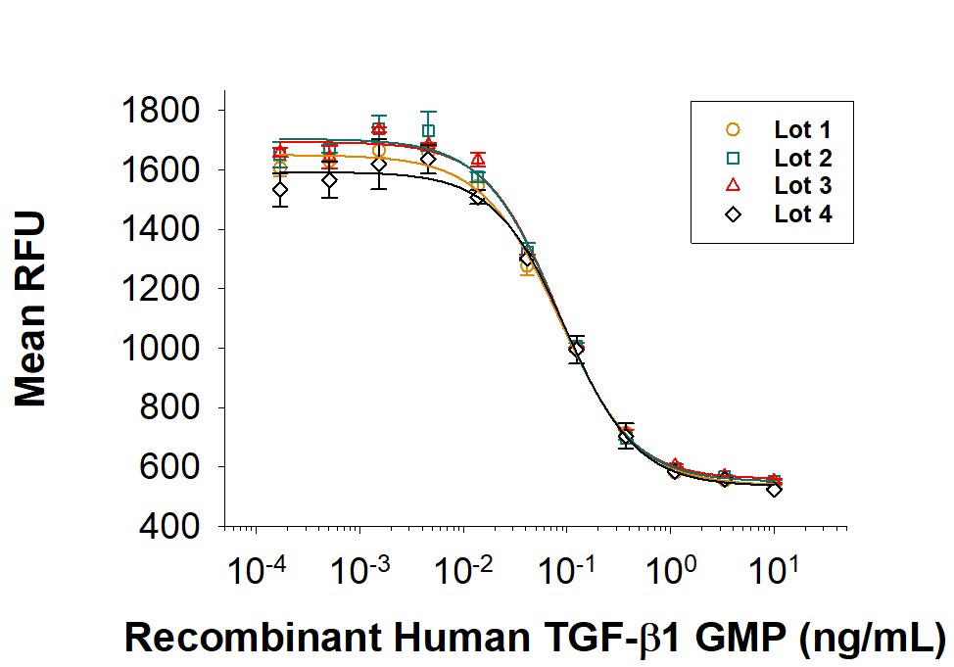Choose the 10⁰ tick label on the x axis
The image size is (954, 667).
[673, 568]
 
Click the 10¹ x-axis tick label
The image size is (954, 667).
[777, 568]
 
